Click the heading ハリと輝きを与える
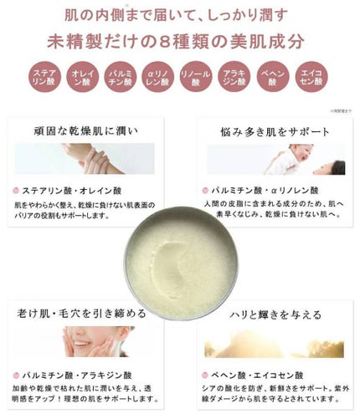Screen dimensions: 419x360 coord(274,314)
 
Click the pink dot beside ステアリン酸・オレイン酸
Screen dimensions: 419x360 coord(16,190)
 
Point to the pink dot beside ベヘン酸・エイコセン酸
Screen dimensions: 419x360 coord(205,374)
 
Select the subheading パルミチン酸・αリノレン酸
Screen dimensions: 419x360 coord(260,190)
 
